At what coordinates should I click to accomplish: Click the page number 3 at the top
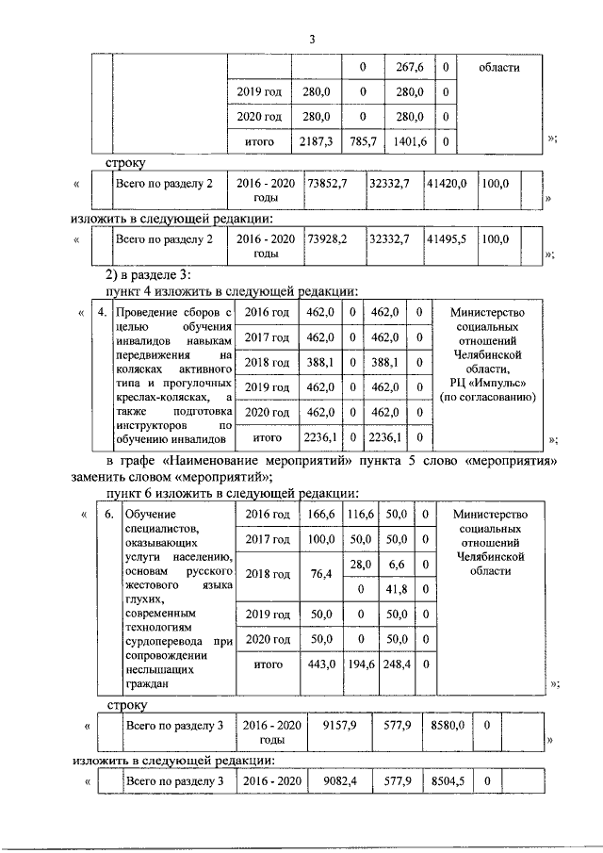click(312, 39)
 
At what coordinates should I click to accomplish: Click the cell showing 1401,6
click(410, 141)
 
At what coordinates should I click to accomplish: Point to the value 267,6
click(410, 68)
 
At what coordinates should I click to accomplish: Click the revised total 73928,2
click(327, 240)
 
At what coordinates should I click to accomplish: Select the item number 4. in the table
click(100, 312)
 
